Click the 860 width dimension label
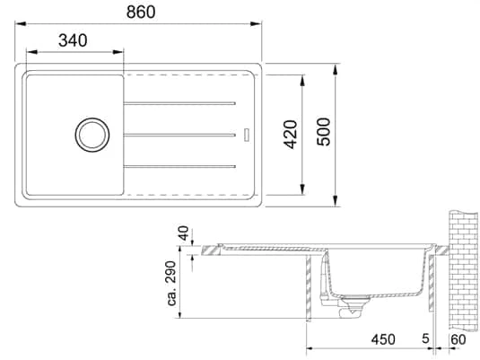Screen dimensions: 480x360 pyautogui.click(x=141, y=13)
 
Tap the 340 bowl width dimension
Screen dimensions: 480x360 pyautogui.click(x=73, y=40)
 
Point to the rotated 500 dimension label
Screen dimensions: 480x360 pyautogui.click(x=324, y=132)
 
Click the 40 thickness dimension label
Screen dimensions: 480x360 pyautogui.click(x=183, y=233)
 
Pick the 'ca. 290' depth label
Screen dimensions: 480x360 pyautogui.click(x=171, y=283)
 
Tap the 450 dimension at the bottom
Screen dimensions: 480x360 pyautogui.click(x=383, y=339)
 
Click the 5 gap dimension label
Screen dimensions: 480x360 pyautogui.click(x=425, y=338)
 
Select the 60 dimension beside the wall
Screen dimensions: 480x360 pyautogui.click(x=458, y=339)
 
